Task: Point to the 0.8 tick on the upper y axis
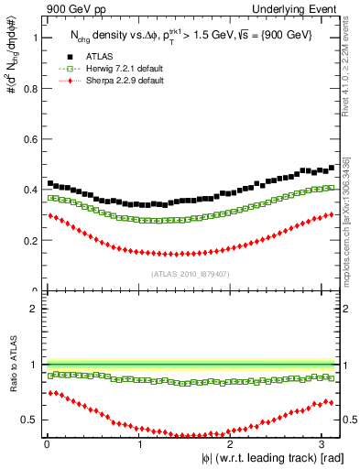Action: tap(28, 89)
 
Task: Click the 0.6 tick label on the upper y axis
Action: tap(28, 139)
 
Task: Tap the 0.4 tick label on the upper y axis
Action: tap(28, 190)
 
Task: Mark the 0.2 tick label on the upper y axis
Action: tap(28, 240)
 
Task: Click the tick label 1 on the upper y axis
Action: tap(33, 38)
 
